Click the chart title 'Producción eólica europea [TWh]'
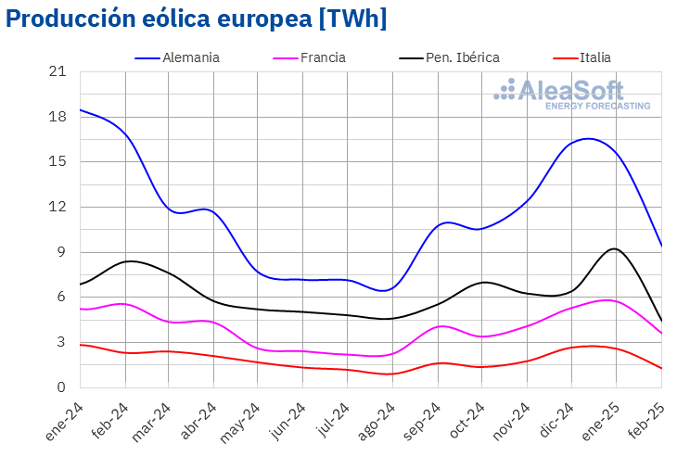(x=196, y=19)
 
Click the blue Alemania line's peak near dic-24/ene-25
(x=589, y=139)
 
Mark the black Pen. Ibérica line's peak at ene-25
(x=614, y=248)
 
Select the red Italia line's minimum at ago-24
(x=390, y=374)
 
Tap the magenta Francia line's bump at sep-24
(x=442, y=326)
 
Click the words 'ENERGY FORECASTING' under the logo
(x=597, y=107)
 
